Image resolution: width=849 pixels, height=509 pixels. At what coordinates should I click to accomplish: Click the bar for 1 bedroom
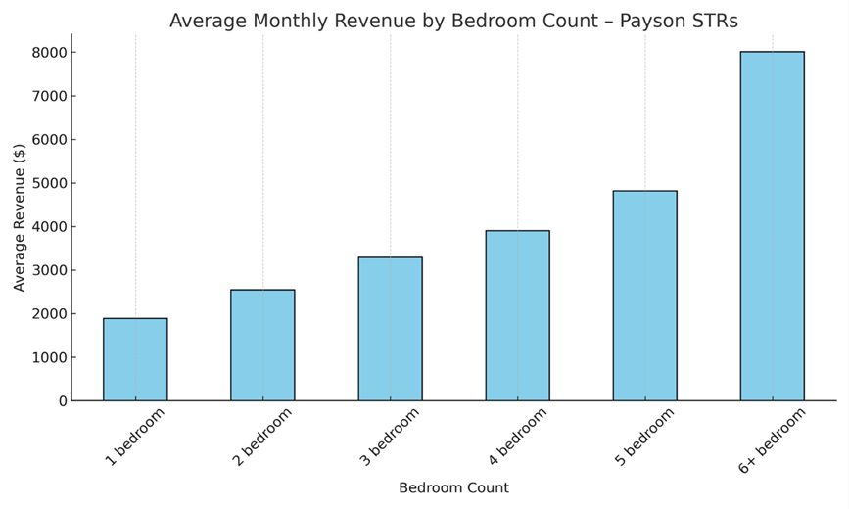tap(135, 359)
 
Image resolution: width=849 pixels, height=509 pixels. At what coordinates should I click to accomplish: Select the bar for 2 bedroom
tap(262, 345)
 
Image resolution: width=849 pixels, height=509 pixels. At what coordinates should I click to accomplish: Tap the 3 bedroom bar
tap(390, 329)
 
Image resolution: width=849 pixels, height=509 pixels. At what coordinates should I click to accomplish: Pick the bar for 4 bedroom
tap(517, 315)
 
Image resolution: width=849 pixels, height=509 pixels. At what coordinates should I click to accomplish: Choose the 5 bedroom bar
tap(644, 296)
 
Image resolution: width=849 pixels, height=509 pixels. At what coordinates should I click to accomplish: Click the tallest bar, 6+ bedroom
tap(772, 226)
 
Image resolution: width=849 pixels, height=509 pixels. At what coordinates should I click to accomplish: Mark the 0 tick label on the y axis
tap(62, 401)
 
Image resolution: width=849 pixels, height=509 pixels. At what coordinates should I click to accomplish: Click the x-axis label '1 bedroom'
tap(135, 437)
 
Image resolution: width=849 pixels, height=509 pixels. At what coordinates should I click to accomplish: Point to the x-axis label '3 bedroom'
tap(390, 437)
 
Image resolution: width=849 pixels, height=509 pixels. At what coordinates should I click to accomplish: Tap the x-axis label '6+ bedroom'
tap(773, 440)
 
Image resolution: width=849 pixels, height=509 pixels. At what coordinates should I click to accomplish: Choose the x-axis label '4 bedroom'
tap(517, 437)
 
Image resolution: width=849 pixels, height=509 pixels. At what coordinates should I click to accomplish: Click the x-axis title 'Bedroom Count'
tap(453, 487)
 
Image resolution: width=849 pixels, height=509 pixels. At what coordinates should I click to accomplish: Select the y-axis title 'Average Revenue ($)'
tap(20, 217)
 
